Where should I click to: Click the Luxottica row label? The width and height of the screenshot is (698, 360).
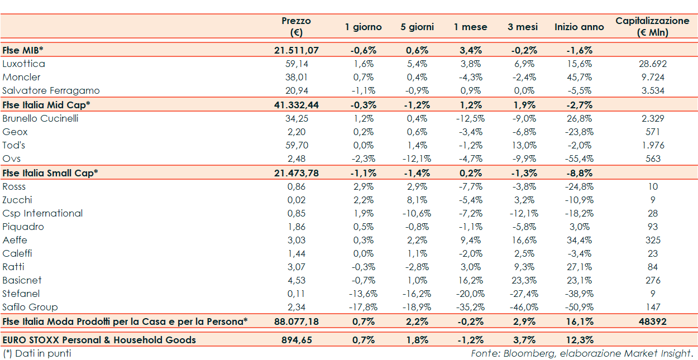[23, 64]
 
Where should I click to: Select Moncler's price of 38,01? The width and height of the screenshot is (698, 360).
[296, 78]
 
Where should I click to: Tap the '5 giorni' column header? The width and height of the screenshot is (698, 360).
[417, 27]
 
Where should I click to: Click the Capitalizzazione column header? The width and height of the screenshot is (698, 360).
[652, 27]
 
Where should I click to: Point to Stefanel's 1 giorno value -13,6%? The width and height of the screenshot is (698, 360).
[363, 294]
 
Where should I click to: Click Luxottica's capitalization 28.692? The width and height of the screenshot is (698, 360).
[652, 64]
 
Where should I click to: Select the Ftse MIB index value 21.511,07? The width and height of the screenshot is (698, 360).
[296, 50]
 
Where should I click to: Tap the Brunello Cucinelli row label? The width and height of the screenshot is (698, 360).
[40, 119]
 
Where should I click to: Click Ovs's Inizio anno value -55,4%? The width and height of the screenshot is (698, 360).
[579, 159]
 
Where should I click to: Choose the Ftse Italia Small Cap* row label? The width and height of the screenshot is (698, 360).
[50, 173]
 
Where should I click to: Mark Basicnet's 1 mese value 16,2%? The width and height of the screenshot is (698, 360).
[470, 281]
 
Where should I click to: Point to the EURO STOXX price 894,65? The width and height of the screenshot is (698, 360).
[296, 340]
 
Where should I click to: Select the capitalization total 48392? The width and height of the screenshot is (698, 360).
[652, 321]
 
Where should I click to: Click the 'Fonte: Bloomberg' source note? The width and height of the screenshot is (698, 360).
[581, 353]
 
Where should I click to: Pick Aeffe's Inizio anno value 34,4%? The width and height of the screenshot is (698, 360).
[579, 241]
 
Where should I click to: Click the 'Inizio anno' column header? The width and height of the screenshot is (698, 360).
[579, 27]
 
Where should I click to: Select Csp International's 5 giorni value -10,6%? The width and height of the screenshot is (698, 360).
[417, 214]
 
